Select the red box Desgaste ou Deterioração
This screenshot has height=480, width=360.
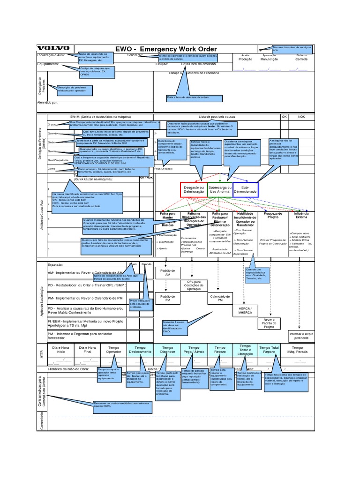(x=193, y=190)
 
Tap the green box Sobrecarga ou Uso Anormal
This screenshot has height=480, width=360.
(x=219, y=190)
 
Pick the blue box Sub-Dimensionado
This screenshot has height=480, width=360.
(x=245, y=190)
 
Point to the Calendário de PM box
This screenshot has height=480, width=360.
(x=220, y=299)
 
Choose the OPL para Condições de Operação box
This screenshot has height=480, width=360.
(x=194, y=285)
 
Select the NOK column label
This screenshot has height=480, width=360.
(x=301, y=116)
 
